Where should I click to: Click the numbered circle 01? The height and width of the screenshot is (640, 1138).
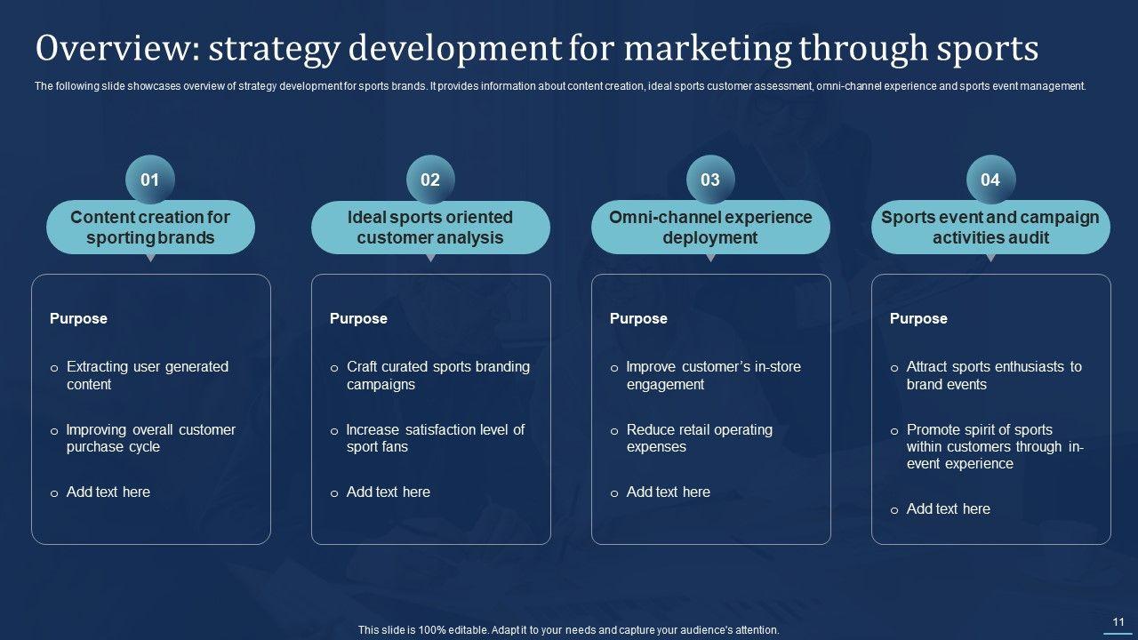[x=150, y=180]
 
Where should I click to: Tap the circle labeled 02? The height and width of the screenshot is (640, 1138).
[x=430, y=180]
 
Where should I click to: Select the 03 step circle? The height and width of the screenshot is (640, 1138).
[x=710, y=180]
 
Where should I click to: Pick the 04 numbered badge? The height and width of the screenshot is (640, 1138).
[x=990, y=180]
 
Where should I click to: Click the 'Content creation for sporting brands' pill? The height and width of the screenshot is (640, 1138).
[x=150, y=227]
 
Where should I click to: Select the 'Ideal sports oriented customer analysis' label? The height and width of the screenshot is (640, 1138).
[x=430, y=227]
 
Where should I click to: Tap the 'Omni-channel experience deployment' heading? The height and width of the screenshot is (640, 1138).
[x=710, y=227]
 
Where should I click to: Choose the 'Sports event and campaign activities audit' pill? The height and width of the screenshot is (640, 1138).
[x=990, y=227]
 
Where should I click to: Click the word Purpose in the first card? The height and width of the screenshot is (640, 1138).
[x=78, y=318]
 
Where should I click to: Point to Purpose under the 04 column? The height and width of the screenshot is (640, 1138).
[x=918, y=318]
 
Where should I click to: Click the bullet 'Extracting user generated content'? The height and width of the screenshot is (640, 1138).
[x=148, y=375]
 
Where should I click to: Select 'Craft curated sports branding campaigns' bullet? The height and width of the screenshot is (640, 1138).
[x=438, y=375]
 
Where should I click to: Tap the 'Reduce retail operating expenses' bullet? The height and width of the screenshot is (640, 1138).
[x=700, y=438]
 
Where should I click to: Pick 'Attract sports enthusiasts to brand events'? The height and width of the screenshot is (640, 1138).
[x=994, y=375]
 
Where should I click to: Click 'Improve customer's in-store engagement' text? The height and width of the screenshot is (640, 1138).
[x=713, y=375]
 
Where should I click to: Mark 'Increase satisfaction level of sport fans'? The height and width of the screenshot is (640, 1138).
[x=436, y=438]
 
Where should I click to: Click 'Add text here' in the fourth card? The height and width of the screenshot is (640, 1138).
[x=949, y=509]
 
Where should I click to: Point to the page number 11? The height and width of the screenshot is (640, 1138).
[x=1118, y=621]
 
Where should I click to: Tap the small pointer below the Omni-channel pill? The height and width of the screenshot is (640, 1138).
[x=710, y=258]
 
